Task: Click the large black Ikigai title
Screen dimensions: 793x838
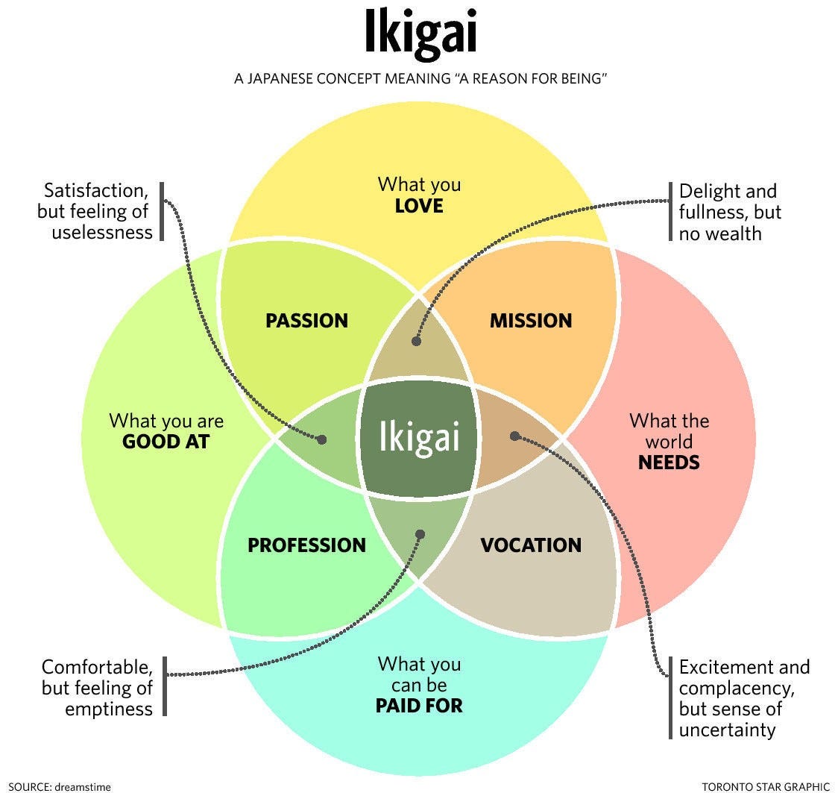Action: point(419,33)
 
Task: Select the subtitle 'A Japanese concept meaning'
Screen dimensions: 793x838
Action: point(418,78)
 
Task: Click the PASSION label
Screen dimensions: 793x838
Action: point(306,321)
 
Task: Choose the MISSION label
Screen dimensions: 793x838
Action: point(530,321)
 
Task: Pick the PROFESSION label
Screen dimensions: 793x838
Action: point(306,545)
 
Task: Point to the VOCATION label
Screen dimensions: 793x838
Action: point(530,545)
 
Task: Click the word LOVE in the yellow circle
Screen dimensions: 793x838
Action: point(419,205)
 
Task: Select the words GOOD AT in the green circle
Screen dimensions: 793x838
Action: point(166,442)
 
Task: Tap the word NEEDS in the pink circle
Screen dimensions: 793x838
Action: point(669,463)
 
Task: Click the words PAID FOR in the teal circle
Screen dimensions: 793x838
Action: point(419,705)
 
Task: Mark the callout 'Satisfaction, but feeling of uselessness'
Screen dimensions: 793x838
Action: point(95,211)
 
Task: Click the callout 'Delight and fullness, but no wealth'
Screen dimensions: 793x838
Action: point(729,212)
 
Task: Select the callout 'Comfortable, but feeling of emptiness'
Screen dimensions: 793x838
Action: point(97,687)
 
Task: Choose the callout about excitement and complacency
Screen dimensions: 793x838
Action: point(743,698)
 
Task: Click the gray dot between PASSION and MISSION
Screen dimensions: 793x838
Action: point(416,341)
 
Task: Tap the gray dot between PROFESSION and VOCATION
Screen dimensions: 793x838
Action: point(420,534)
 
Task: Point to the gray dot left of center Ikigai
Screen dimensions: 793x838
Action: point(322,439)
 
